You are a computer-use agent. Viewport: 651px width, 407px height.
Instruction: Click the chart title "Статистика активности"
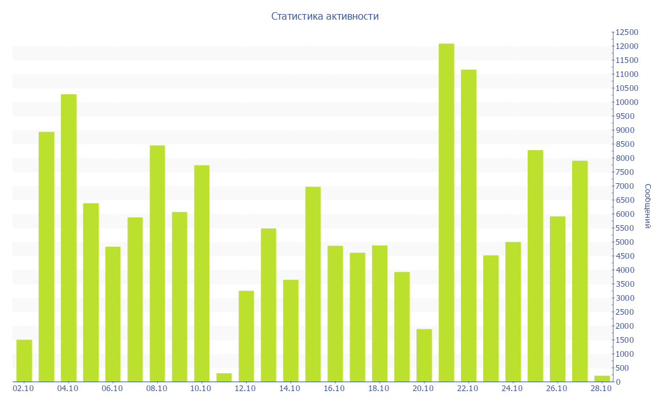325,17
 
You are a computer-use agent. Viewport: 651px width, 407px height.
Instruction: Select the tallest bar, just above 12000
446,212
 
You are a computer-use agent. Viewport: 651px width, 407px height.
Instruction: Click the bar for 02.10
24,361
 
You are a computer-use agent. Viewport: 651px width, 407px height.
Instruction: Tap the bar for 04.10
69,238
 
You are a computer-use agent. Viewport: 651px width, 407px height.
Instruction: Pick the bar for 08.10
157,263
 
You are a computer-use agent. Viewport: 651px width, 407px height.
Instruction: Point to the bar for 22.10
469,226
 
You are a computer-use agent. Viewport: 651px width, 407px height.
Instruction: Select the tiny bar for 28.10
602,378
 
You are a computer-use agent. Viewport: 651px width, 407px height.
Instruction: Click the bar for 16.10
335,314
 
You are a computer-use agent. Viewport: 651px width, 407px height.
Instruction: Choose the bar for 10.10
202,273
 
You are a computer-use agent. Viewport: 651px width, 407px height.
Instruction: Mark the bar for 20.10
424,355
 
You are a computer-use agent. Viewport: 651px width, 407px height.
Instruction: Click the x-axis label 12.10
245,389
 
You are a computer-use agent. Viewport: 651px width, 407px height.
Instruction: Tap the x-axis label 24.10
512,389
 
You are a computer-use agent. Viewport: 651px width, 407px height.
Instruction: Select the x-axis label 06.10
112,389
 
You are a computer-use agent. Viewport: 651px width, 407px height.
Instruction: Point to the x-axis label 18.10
378,389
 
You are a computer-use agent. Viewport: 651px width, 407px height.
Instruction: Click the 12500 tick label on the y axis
626,32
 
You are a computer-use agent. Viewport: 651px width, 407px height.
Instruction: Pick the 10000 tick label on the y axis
626,102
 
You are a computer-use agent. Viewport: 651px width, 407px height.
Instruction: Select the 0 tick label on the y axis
618,382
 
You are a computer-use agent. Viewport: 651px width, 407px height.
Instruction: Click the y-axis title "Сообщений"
647,206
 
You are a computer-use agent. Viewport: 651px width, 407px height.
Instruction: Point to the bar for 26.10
558,299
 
